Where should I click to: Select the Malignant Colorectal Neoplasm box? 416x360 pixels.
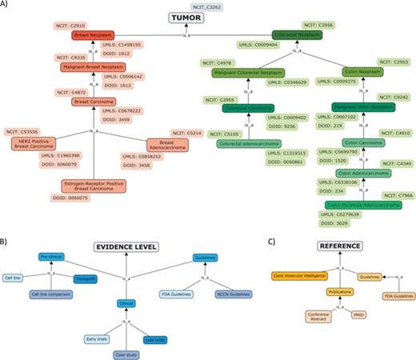click(x=250, y=73)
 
